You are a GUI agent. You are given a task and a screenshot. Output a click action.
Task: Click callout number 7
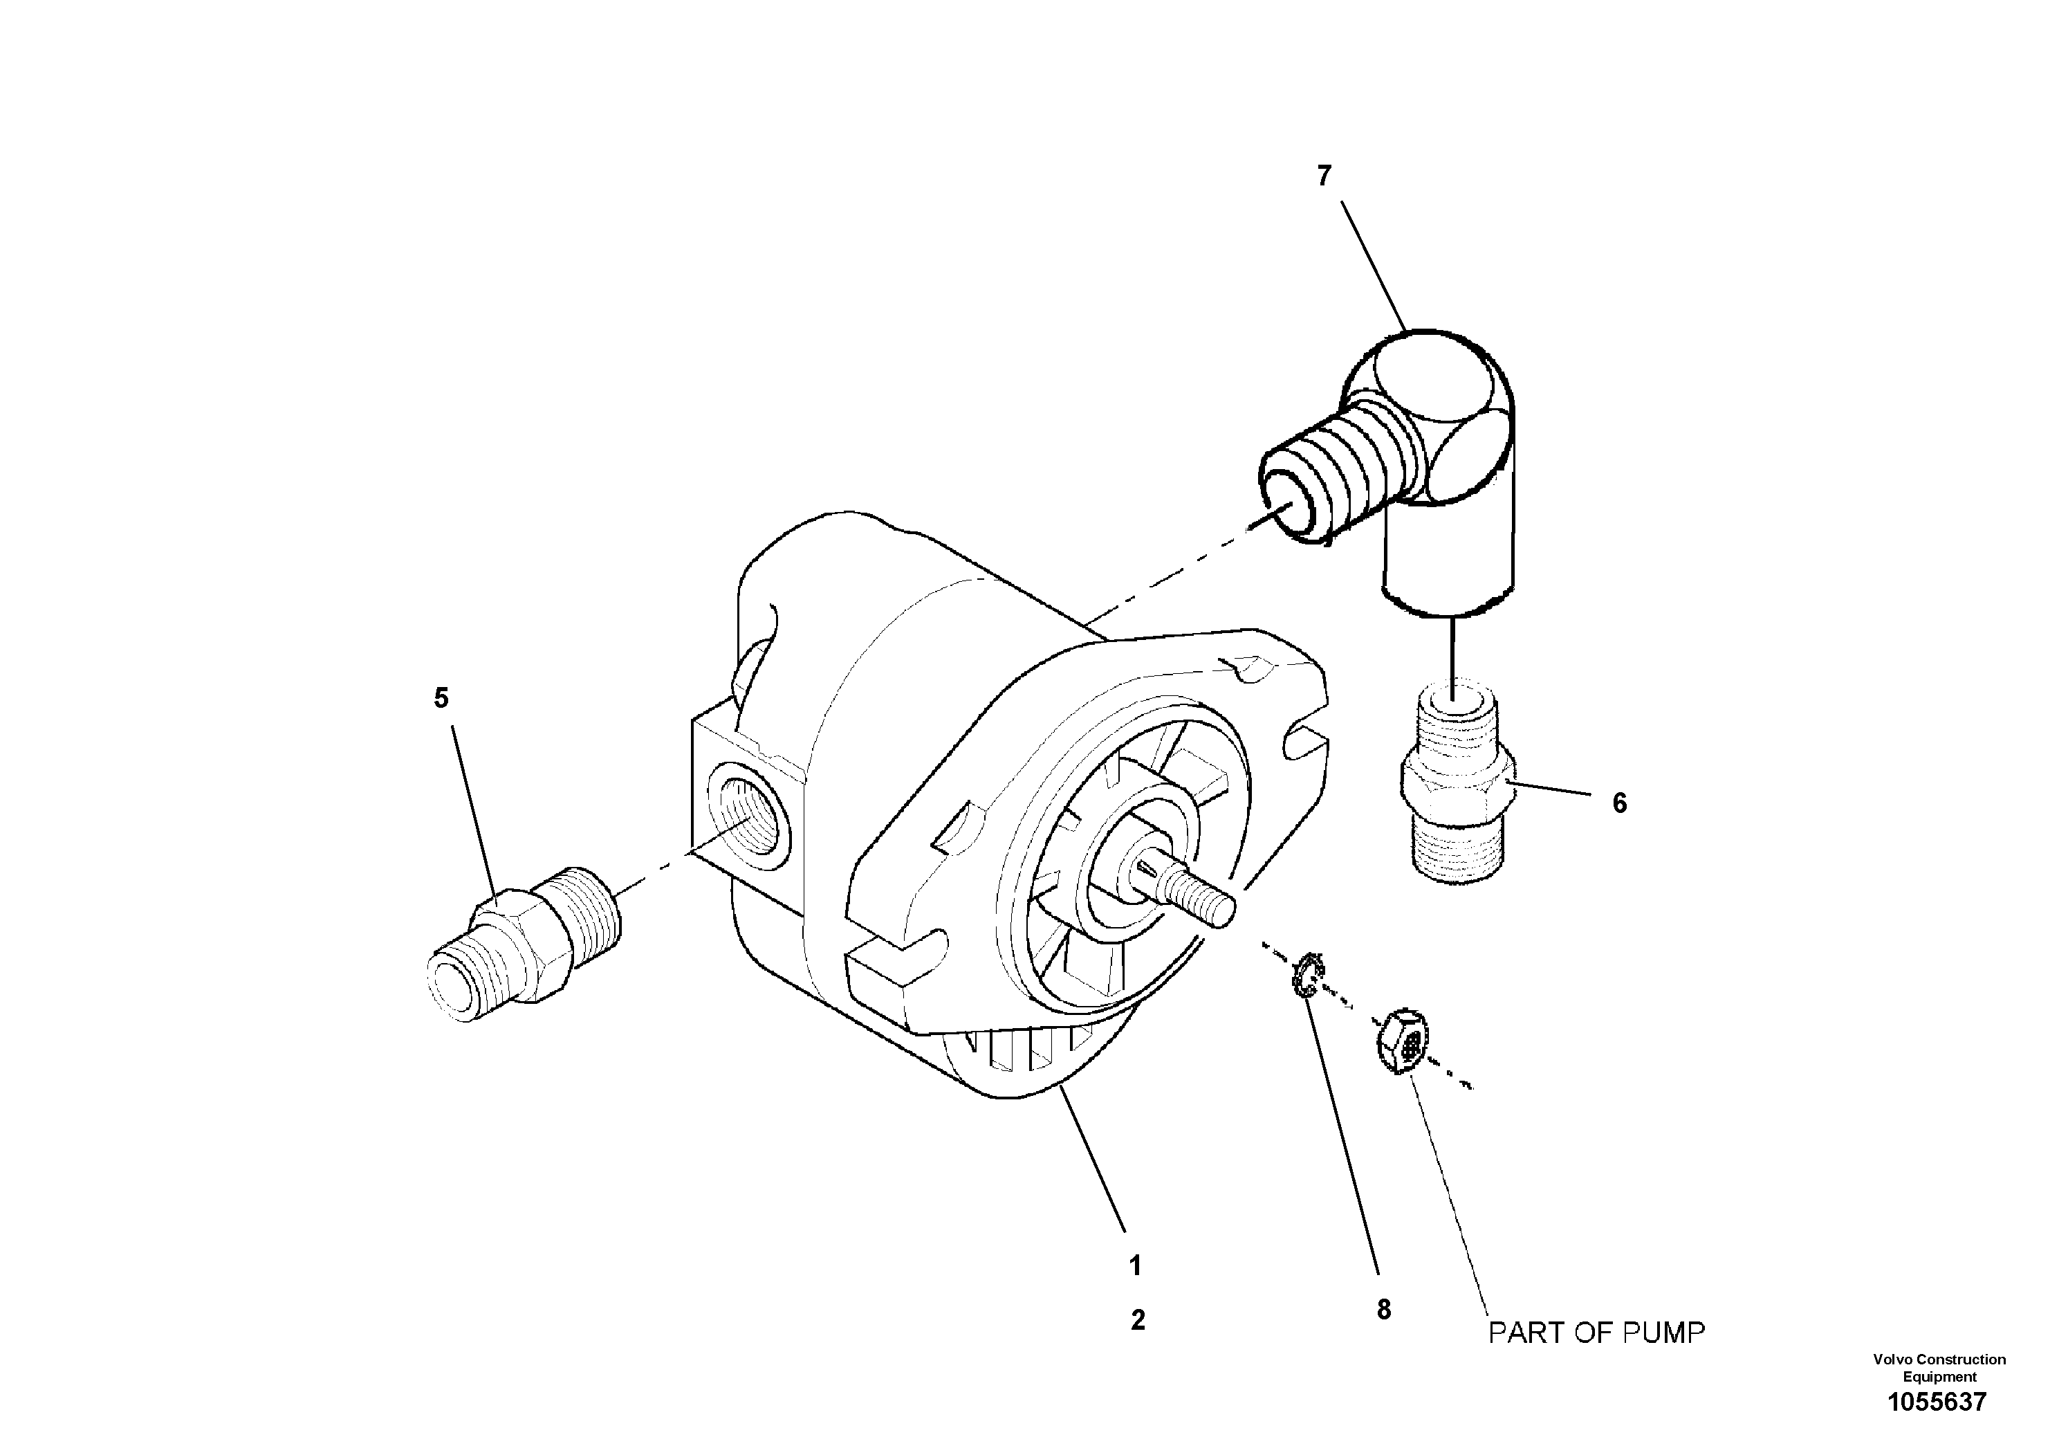(x=1324, y=176)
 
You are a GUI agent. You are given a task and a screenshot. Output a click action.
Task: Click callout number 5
(x=441, y=698)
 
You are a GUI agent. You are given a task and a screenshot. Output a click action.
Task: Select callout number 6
(x=1618, y=803)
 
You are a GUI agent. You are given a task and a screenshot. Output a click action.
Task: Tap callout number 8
(x=1384, y=1310)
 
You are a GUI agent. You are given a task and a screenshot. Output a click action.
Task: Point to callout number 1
(x=1134, y=1265)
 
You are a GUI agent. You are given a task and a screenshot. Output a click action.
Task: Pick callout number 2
(x=1137, y=1319)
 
